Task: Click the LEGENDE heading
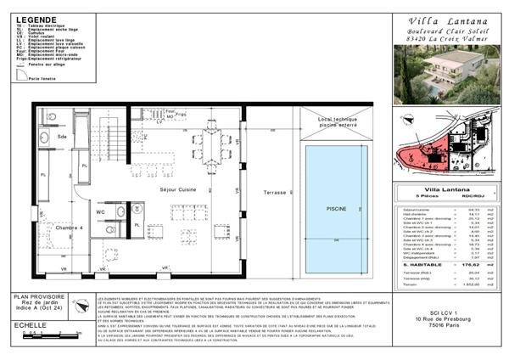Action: coord(36,19)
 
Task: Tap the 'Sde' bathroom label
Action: coord(62,136)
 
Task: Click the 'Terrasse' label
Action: coord(274,193)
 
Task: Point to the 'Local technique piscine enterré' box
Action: coord(338,124)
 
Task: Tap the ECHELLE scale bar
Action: coord(51,335)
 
